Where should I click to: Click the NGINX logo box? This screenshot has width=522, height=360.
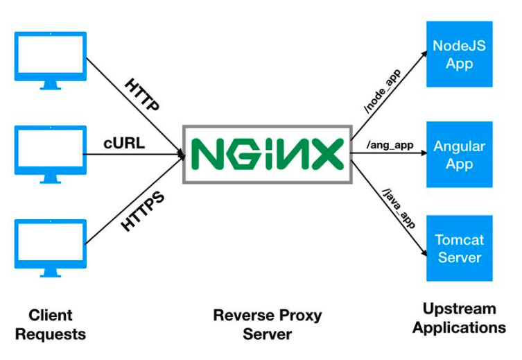(x=267, y=154)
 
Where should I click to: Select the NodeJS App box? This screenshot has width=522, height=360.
(x=459, y=54)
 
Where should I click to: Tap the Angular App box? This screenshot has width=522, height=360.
(x=459, y=155)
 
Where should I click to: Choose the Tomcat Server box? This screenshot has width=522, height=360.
(x=459, y=248)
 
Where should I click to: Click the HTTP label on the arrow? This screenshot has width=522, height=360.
(x=143, y=95)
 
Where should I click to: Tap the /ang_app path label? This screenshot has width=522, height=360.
(x=391, y=145)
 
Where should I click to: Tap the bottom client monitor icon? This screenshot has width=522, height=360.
(x=50, y=247)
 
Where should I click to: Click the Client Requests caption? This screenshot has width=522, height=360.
(x=51, y=325)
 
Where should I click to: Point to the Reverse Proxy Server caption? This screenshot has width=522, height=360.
(x=267, y=324)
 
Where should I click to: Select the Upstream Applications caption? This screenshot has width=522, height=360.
(x=459, y=318)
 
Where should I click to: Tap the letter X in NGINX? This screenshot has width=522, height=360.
(x=326, y=154)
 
